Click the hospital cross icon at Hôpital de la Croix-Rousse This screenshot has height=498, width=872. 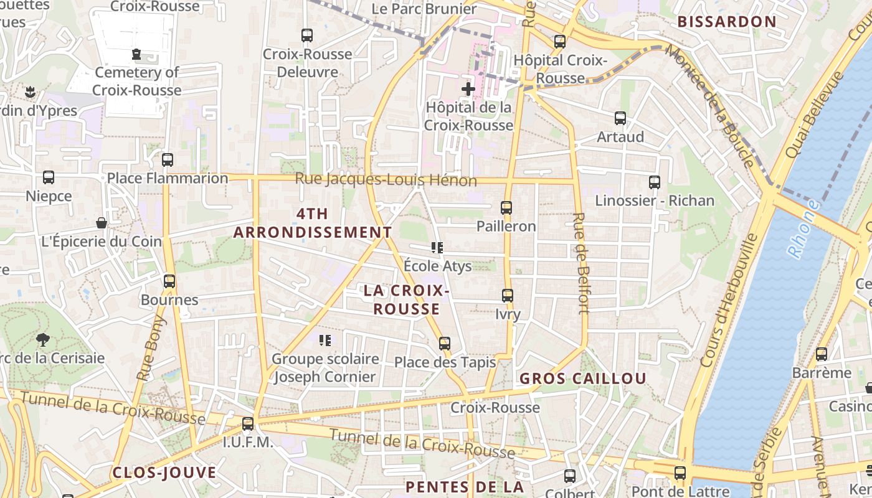[468, 89]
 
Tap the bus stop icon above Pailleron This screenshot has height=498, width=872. [506, 208]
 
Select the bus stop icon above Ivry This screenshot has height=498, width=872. [508, 296]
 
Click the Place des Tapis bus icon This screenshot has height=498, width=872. [444, 344]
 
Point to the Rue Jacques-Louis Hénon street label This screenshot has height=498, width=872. [386, 180]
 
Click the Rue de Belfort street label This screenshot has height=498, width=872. [580, 263]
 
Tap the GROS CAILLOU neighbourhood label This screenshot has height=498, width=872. [583, 378]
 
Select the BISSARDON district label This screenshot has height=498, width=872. [727, 22]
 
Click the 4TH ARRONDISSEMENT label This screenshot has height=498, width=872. [313, 223]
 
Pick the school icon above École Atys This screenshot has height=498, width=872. [437, 248]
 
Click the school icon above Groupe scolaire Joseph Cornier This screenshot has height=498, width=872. [325, 341]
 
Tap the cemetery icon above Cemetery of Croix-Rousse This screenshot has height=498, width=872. [137, 54]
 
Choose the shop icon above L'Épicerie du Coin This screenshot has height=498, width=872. [101, 223]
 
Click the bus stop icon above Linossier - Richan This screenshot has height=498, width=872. [654, 182]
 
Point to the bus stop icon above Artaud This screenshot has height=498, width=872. [620, 118]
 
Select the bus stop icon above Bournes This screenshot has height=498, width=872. [169, 281]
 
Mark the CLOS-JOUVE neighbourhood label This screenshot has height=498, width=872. [164, 472]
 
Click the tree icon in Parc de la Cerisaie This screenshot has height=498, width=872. [43, 339]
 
